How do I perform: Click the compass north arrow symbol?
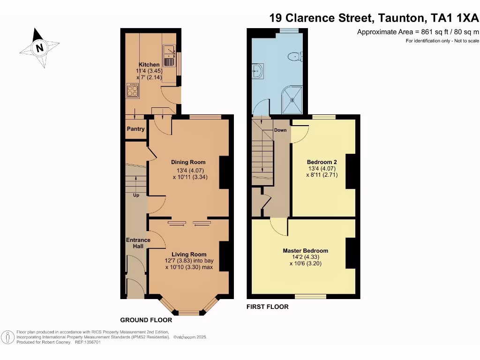point(39,47)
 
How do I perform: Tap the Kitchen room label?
point(149,65)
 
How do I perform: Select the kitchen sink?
point(169,52)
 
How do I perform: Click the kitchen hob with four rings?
point(133,90)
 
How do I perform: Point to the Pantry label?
point(135,129)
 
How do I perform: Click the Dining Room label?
point(188,162)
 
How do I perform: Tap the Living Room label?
point(188,254)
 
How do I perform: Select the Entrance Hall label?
point(138,243)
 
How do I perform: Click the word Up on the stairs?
point(136,195)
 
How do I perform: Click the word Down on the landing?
point(280,130)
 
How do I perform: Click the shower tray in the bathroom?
point(292,99)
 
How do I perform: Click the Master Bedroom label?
point(305,250)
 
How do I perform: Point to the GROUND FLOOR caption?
point(146,320)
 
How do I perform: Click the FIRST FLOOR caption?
point(267,307)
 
